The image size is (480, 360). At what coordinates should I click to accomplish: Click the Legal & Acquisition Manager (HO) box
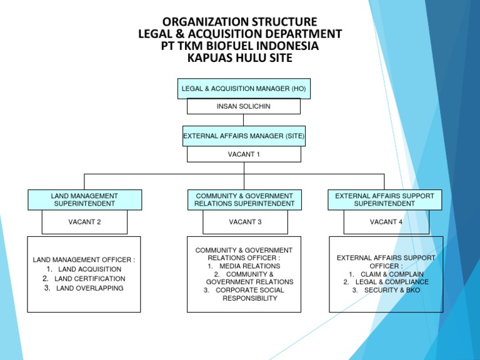[x=244, y=89]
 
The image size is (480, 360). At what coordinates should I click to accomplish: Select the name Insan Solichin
[x=244, y=106]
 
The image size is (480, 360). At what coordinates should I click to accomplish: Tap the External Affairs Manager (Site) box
[x=244, y=136]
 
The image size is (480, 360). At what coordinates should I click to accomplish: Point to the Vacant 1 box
[x=244, y=154]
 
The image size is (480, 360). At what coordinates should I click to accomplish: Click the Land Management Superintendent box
[x=84, y=200]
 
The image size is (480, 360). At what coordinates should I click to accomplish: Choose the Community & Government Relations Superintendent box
[x=244, y=200]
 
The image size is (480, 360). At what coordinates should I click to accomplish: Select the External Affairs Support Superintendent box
[x=384, y=200]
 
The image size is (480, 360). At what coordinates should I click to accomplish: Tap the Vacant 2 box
[x=84, y=222]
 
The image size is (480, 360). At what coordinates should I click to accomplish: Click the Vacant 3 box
[x=245, y=222]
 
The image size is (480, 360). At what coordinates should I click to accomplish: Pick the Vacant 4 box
[x=386, y=222]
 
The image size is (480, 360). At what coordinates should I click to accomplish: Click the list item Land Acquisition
[x=89, y=269]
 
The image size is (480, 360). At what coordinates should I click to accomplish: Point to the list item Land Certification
[x=89, y=279]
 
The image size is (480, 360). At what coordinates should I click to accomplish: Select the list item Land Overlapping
[x=89, y=288]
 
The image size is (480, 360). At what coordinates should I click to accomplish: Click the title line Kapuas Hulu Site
[x=240, y=59]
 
